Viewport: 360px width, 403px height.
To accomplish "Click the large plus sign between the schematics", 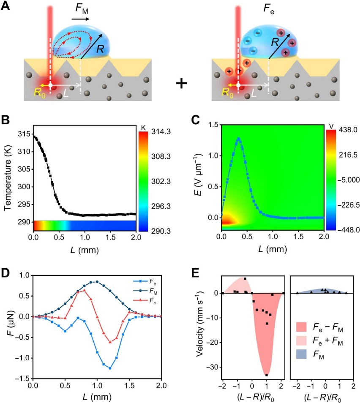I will (181, 83).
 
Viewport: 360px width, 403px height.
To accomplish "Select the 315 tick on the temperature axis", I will (25, 134).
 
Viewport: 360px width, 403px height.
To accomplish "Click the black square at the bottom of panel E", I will (267, 375).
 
